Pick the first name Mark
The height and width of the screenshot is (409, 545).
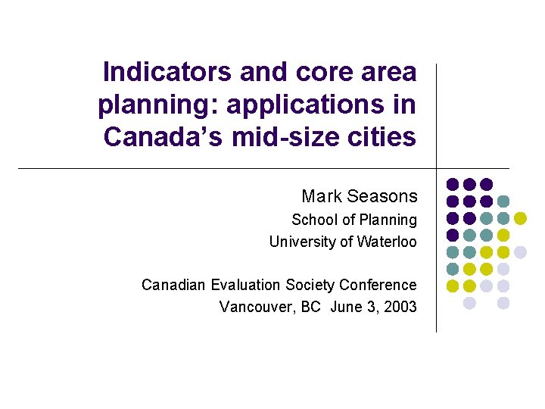[321, 196]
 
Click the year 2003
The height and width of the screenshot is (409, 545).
[399, 307]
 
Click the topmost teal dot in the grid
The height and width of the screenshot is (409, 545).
[503, 201]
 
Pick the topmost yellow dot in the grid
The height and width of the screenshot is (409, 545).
[521, 218]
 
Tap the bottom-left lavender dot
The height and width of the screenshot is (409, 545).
[469, 303]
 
